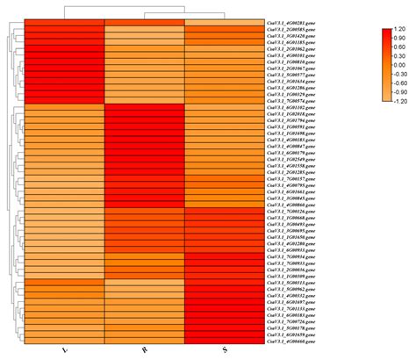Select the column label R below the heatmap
146,349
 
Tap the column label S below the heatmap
226,349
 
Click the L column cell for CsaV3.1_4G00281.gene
63,21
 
